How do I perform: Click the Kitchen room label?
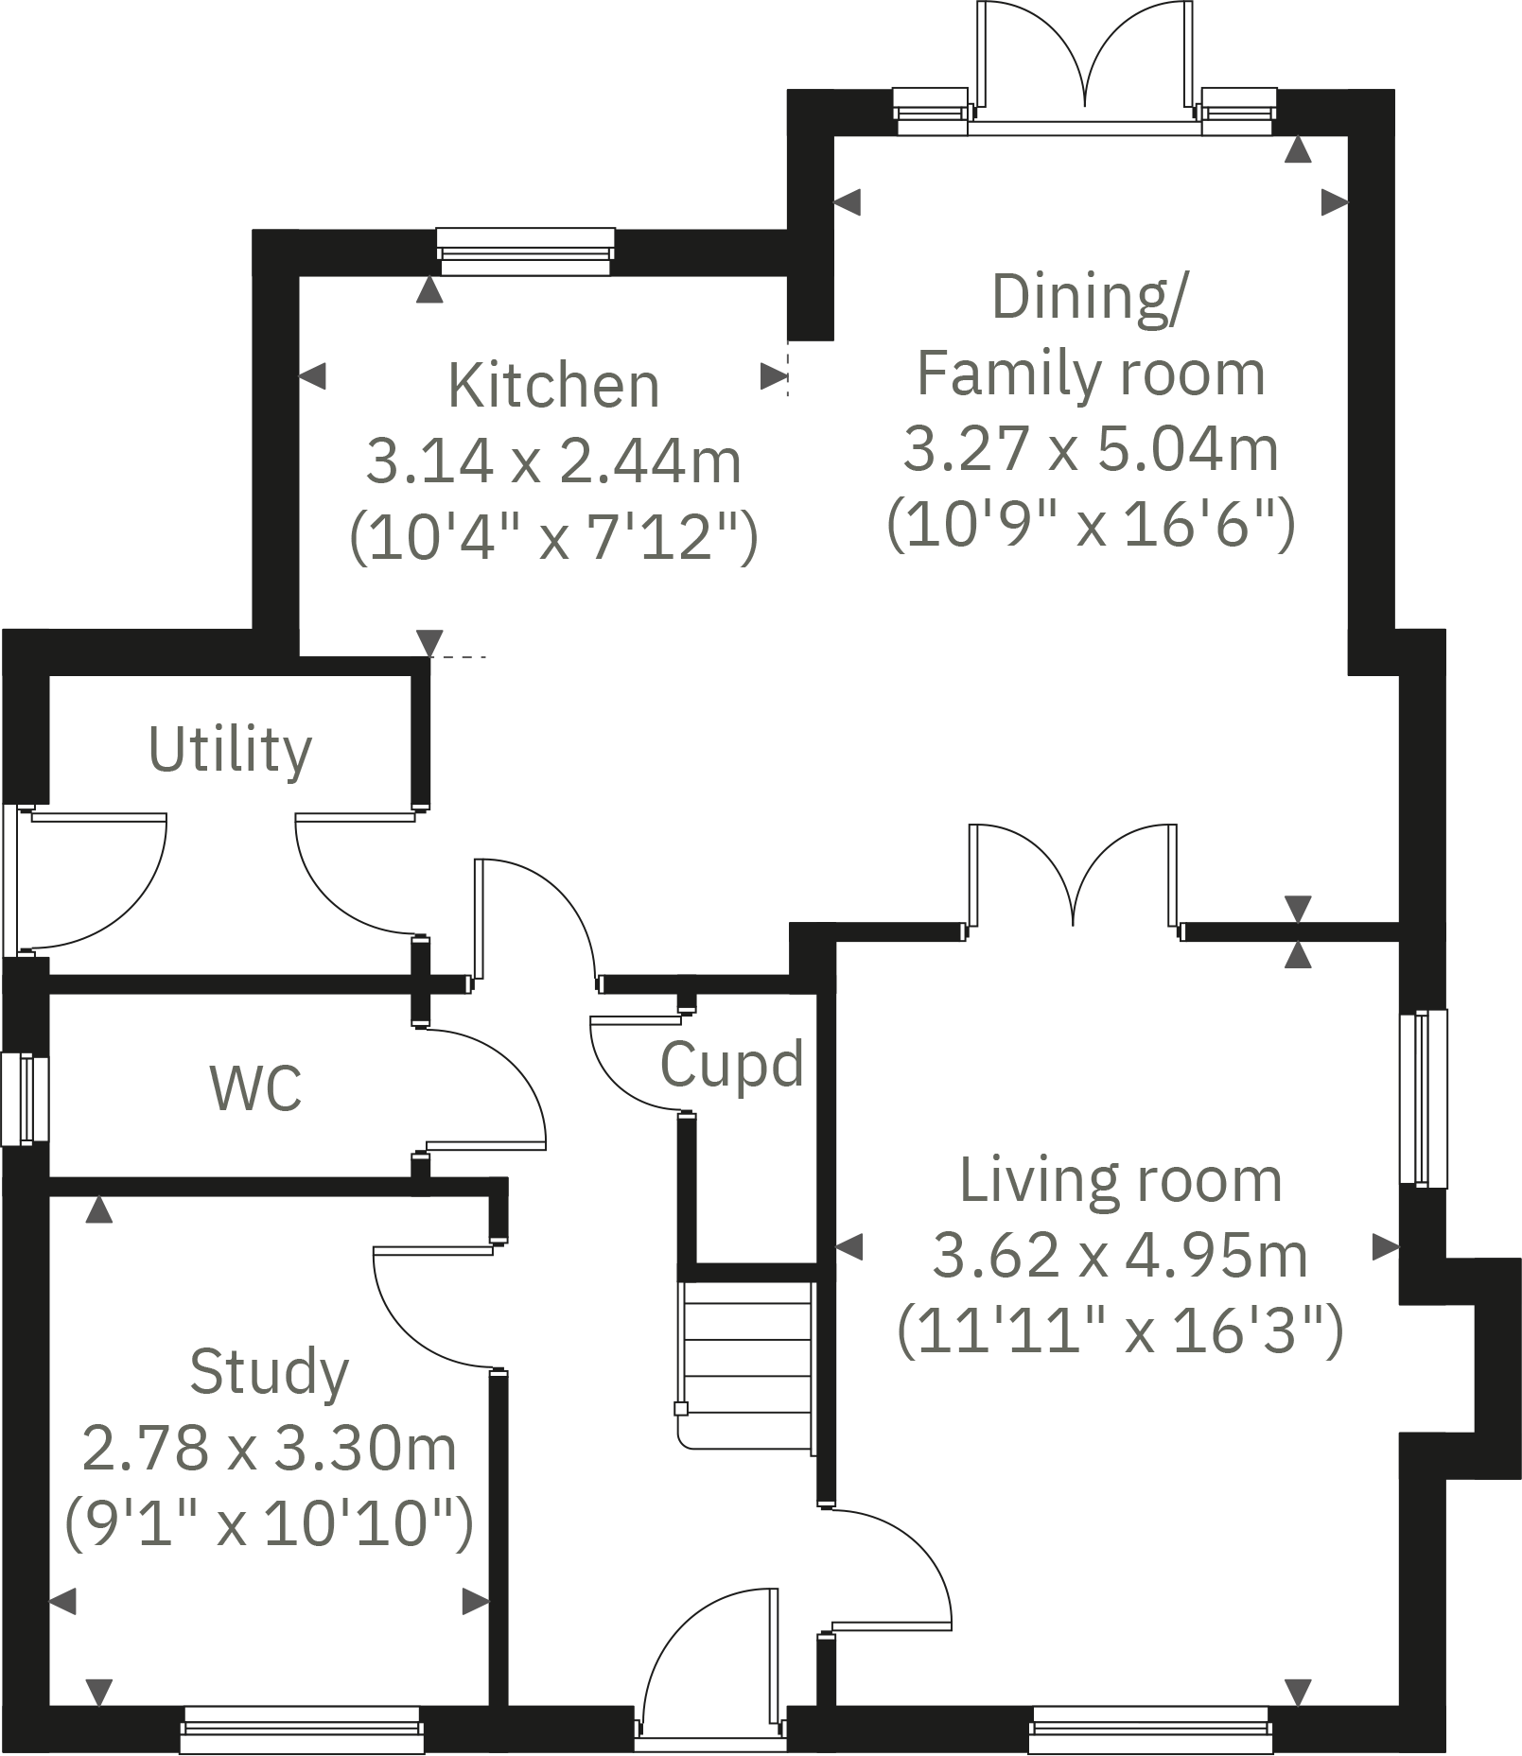(553, 386)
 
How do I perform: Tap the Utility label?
(230, 750)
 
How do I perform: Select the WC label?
(255, 1088)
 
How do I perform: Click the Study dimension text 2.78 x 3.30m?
(270, 1449)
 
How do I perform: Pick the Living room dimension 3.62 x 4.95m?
(1120, 1256)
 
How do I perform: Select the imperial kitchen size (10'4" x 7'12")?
(553, 537)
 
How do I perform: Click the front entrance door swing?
(709, 1660)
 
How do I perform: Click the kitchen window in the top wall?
(526, 252)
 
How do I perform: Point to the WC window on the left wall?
(25, 1100)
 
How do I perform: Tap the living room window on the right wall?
(1423, 1097)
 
